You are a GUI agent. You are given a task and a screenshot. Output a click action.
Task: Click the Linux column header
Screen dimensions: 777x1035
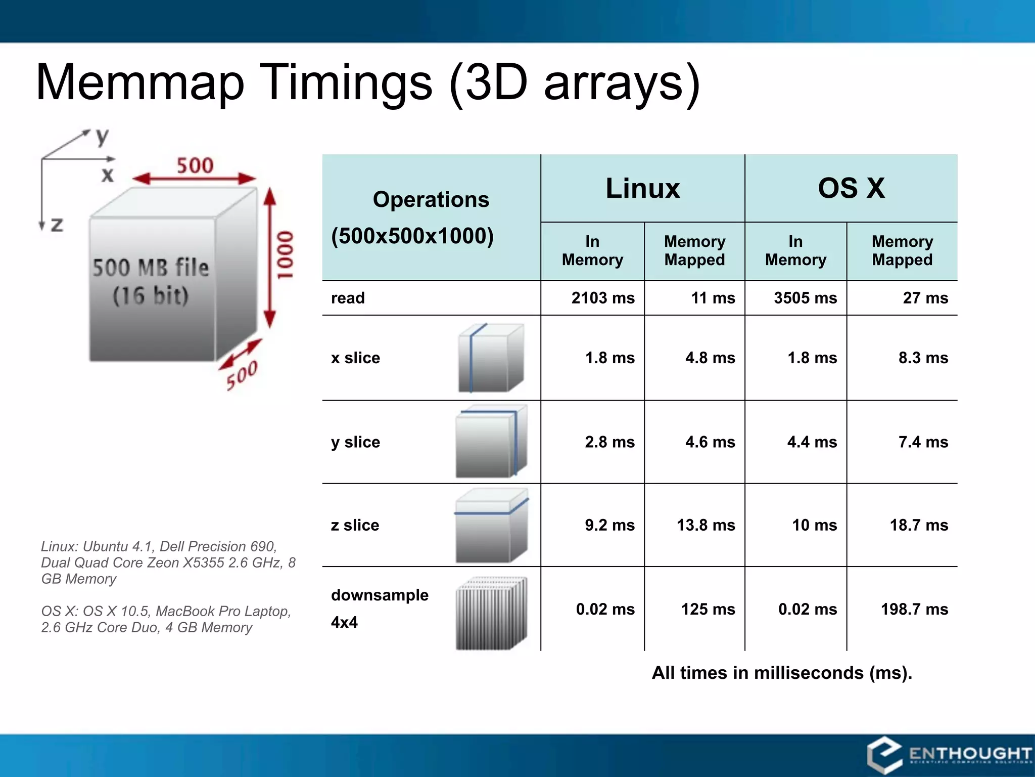click(x=642, y=188)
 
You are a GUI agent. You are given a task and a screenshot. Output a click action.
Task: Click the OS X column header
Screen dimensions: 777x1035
click(x=851, y=188)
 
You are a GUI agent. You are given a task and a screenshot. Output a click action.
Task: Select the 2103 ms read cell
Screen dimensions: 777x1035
click(x=602, y=298)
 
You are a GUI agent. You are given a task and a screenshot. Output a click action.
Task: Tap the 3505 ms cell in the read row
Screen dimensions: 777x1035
click(x=805, y=298)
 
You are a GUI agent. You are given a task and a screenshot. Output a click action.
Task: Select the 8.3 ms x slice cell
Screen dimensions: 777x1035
click(x=923, y=358)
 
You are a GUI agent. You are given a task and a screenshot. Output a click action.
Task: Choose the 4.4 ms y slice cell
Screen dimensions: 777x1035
click(x=812, y=442)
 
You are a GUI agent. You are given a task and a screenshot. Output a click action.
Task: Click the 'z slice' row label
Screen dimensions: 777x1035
click(x=355, y=525)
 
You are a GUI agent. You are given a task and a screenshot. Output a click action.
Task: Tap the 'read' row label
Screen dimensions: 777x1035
click(x=348, y=298)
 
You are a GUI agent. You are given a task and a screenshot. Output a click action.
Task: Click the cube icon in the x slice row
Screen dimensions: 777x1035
click(x=490, y=358)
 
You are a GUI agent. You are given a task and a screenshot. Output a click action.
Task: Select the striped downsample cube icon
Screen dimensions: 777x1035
click(x=491, y=613)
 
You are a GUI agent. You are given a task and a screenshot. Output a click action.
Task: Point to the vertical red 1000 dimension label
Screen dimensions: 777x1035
click(x=285, y=255)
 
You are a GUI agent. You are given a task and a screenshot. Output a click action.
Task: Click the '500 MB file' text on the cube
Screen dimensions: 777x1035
click(x=151, y=267)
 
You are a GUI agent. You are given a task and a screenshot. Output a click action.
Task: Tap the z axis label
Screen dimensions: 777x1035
click(x=57, y=224)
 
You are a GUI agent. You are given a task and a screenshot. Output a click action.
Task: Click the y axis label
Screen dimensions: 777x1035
click(x=103, y=136)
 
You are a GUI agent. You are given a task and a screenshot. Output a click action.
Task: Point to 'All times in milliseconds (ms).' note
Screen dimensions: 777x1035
click(x=782, y=673)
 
